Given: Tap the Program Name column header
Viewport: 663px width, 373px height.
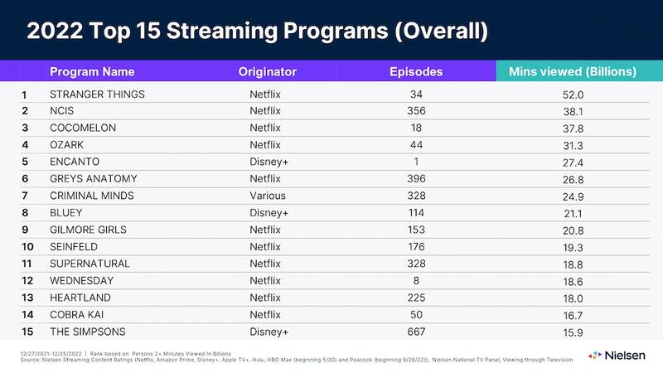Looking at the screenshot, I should coord(92,71).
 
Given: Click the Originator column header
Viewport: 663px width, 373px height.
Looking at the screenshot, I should coord(267,71).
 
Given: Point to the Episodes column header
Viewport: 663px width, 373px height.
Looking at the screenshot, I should coord(416,71).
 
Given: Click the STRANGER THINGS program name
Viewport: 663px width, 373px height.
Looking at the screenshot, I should coord(97,94).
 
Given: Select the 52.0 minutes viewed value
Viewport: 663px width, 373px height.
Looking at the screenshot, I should coord(573,94).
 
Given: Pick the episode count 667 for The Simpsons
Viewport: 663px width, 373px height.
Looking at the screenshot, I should coord(417,332).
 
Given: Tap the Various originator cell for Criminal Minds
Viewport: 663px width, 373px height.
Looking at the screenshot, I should coord(268,196).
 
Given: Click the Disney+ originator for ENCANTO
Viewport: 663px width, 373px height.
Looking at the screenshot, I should coord(269,162).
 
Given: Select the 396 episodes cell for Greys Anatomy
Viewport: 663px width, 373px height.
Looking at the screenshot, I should coord(417,178).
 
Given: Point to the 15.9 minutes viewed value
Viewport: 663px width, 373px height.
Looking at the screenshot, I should coord(573,332).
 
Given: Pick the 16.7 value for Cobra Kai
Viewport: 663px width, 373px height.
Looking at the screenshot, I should coord(573,315).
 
